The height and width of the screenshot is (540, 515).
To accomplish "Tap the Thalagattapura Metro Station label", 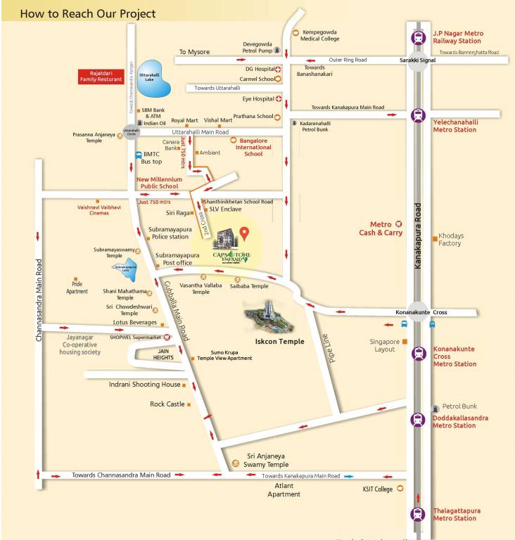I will pyautogui.click(x=454, y=514).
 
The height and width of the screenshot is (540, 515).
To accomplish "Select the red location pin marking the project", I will pyautogui.click(x=244, y=233).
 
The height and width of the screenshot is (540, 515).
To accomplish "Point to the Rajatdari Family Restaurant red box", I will pyautogui.click(x=101, y=76).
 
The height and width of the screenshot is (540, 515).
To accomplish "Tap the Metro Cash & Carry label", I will pyautogui.click(x=381, y=229).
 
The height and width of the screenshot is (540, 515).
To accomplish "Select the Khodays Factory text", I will pyautogui.click(x=450, y=239).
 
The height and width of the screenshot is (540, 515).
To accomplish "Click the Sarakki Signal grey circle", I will pyautogui.click(x=419, y=60).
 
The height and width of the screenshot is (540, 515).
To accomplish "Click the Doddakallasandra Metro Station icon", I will pyautogui.click(x=419, y=420).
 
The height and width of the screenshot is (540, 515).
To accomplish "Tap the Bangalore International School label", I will pyautogui.click(x=253, y=146).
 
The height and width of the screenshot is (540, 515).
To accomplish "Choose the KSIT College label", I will pyautogui.click(x=378, y=489).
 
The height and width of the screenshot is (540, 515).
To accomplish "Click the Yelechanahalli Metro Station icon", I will pyautogui.click(x=419, y=115).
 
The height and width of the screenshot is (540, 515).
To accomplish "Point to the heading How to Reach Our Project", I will pyautogui.click(x=88, y=13).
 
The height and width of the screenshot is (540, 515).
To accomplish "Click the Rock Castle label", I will pyautogui.click(x=167, y=404).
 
